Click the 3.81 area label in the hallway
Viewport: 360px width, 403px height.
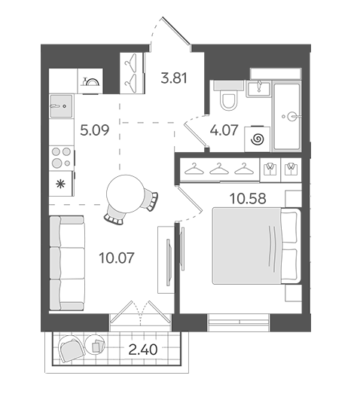point(174,78)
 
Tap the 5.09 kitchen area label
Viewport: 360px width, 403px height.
point(95,130)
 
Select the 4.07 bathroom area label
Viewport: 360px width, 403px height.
point(224,130)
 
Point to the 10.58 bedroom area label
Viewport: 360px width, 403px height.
point(248,198)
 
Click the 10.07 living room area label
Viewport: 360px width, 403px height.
point(117,258)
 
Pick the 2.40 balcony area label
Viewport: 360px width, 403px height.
point(143,350)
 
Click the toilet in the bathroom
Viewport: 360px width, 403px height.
point(228,96)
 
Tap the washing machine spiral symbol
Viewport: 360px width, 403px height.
point(258,140)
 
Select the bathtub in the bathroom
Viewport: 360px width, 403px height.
point(287,116)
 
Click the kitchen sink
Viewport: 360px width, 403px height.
point(62,105)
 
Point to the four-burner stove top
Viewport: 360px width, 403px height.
point(62,157)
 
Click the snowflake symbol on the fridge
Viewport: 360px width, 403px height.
point(61,184)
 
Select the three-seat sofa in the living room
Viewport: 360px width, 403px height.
point(67,263)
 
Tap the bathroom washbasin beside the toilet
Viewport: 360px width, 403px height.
point(258,89)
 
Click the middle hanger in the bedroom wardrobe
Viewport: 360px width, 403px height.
point(219,169)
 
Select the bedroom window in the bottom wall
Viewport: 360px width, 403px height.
point(239,322)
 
